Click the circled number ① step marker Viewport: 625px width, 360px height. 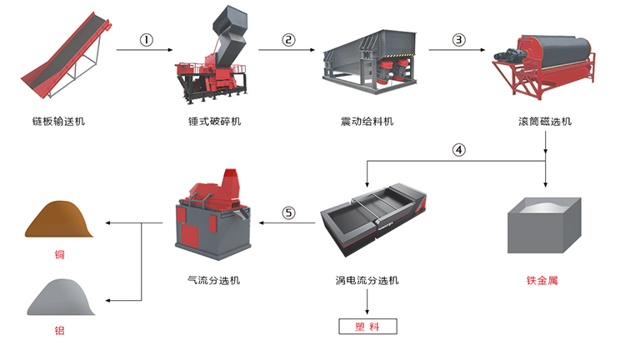(147, 40)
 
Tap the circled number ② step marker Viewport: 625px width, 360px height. (289, 40)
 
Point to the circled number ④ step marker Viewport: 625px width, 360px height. (457, 151)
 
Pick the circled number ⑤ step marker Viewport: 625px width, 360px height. (288, 212)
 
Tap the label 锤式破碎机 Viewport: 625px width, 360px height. (214, 122)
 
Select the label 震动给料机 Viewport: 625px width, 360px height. (367, 122)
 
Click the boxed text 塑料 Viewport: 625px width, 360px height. (367, 327)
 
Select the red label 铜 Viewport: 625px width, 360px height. (59, 254)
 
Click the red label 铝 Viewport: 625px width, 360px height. (59, 331)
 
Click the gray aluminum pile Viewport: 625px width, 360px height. (60, 297)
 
